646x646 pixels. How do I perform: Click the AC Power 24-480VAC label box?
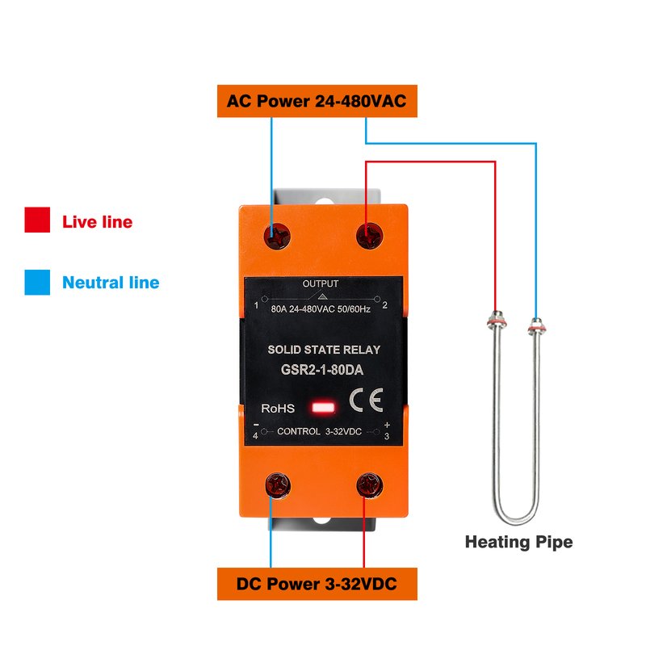tap(317, 101)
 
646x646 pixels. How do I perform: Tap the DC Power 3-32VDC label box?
tap(317, 583)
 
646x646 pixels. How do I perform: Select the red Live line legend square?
tap(37, 220)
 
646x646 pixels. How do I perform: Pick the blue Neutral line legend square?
tap(37, 282)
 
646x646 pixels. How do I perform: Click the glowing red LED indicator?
tap(324, 408)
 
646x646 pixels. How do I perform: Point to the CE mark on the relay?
tap(367, 400)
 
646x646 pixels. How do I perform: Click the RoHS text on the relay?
tap(278, 409)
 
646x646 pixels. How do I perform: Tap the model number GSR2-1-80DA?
tap(321, 370)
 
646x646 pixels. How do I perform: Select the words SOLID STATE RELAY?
tap(324, 350)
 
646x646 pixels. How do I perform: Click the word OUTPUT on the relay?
tap(321, 283)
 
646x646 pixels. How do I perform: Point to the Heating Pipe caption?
tap(518, 542)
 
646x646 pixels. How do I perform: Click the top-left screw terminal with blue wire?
tap(277, 236)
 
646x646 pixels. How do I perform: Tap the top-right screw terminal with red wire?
tap(370, 236)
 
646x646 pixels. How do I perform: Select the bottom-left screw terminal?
tap(278, 485)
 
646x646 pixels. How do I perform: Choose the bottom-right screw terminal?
tap(370, 485)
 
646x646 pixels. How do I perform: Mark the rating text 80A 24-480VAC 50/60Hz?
tap(321, 309)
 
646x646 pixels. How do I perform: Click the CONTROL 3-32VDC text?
tap(319, 431)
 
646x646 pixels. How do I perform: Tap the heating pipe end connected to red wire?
tap(497, 321)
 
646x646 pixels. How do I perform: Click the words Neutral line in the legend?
tap(111, 282)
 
